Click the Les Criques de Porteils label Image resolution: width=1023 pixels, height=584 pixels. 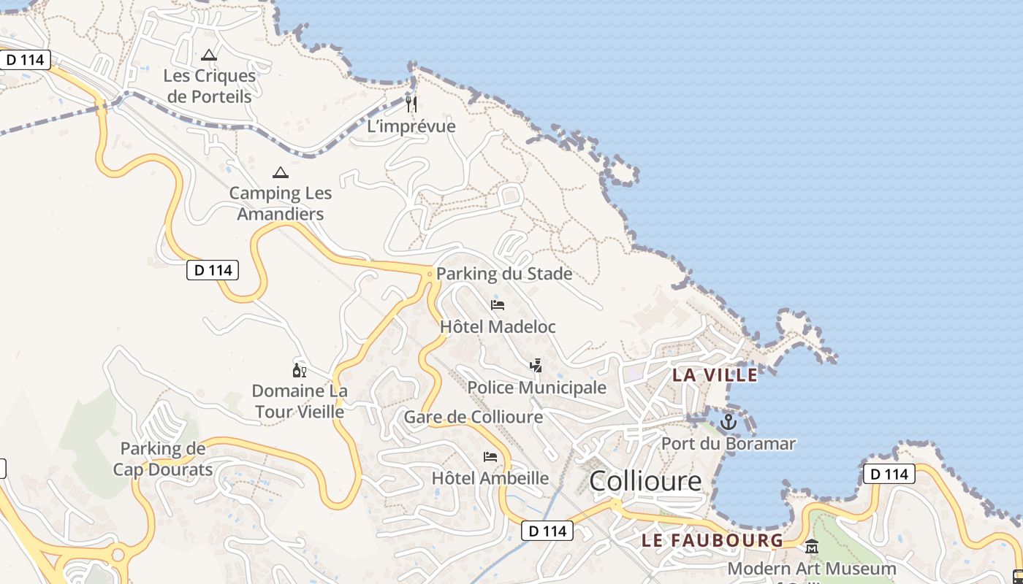pos(209,86)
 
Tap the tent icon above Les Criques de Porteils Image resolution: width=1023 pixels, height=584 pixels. pos(209,55)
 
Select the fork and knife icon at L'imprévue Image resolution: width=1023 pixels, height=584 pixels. pos(411,104)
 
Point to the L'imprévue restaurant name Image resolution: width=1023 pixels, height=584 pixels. pos(411,126)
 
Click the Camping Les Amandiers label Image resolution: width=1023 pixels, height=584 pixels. pos(280,204)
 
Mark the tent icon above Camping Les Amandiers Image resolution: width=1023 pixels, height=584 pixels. pos(280,173)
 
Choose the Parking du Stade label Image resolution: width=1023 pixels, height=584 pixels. pos(504,274)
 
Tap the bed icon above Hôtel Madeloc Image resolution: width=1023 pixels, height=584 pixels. pos(498,304)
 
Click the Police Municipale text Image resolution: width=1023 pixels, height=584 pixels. pos(537,388)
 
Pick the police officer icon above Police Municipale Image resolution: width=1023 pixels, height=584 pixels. pos(536,365)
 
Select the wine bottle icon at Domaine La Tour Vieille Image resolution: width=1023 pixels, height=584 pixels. pos(299,370)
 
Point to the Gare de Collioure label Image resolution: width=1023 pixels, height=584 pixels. pos(474,418)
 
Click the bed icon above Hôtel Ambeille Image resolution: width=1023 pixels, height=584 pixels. pos(490,457)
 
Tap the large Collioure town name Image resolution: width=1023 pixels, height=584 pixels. pos(644,481)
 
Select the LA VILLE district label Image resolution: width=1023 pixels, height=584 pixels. pos(715,375)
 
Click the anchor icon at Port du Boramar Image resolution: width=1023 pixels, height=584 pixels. pos(728,422)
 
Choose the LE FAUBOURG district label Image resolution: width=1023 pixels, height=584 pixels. pos(712,541)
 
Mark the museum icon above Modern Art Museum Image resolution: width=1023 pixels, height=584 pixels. pos(811,546)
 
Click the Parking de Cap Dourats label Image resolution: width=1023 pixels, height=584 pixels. pos(163,458)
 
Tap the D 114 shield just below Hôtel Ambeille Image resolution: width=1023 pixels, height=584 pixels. pos(547,531)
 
